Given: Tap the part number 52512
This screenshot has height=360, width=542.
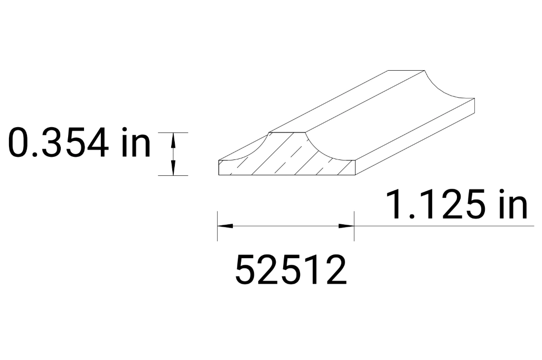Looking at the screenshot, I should click(x=291, y=270).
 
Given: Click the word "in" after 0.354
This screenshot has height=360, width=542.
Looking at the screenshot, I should click(x=135, y=143).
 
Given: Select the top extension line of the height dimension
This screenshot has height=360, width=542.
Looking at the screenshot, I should click(x=173, y=132).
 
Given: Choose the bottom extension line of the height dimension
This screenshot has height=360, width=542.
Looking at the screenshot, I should click(x=173, y=175).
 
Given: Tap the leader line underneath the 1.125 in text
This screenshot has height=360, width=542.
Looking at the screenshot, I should click(x=444, y=226).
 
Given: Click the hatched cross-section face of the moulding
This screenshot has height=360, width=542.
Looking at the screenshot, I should click(x=288, y=158).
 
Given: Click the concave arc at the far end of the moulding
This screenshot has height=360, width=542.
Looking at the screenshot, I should click(x=444, y=87).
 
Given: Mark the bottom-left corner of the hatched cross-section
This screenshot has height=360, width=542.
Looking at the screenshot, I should click(x=219, y=174).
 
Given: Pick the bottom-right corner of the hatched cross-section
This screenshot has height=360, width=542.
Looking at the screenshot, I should click(x=355, y=174).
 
